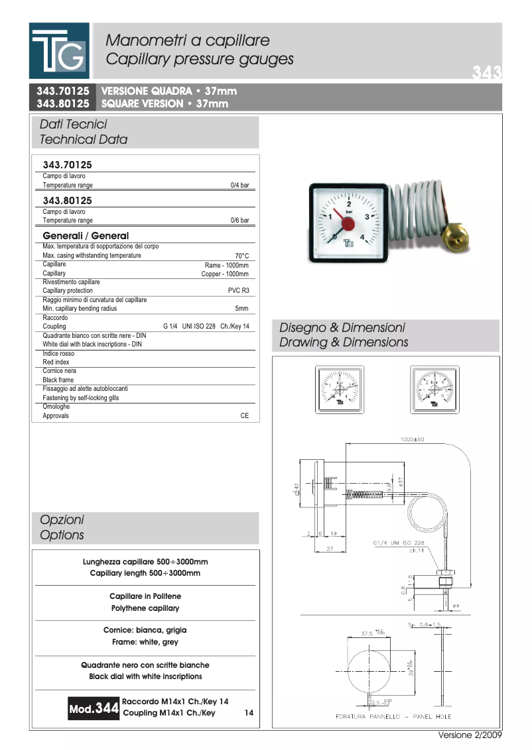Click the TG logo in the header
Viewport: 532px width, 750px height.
(58, 50)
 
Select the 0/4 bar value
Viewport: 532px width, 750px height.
(239, 186)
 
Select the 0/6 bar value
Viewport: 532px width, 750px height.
(239, 221)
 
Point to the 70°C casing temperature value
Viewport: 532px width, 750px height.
(241, 256)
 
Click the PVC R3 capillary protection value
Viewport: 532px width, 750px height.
(238, 291)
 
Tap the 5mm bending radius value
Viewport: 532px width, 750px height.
(241, 309)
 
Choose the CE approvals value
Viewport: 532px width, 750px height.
(244, 416)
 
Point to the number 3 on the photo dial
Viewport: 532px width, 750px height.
(367, 217)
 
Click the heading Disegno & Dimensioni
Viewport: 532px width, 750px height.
(342, 328)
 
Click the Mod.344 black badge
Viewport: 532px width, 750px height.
(94, 709)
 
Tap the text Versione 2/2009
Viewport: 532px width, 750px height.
(470, 735)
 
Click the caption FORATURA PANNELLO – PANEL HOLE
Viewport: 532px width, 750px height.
(393, 717)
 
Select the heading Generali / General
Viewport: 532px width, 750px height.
(86, 236)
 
